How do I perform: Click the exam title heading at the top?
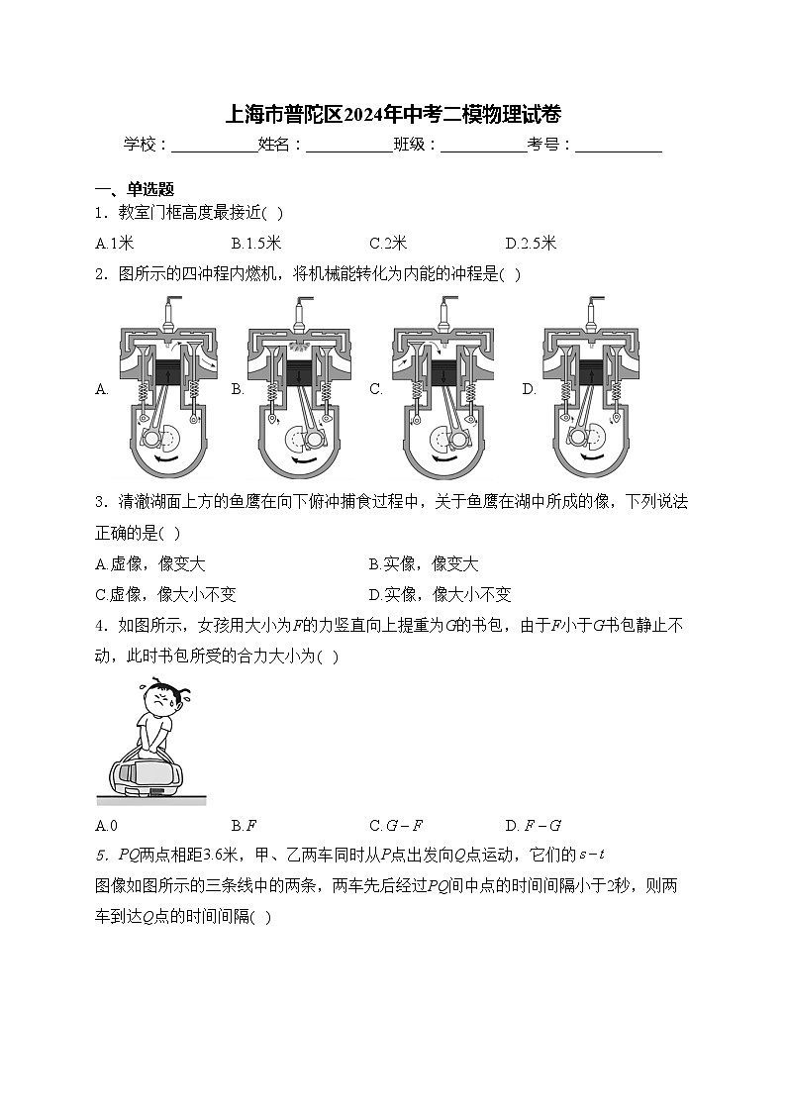[x=394, y=114]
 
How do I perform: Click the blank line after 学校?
[x=214, y=146]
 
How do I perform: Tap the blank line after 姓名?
[x=348, y=146]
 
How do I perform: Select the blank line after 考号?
[x=618, y=146]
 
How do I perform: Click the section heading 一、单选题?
[x=135, y=189]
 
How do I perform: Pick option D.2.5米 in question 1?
[x=531, y=243]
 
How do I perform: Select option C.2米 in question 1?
[x=388, y=243]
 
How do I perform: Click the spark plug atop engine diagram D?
[x=594, y=313]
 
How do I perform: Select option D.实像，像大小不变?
[x=440, y=594]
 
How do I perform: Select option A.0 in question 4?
[x=107, y=825]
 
